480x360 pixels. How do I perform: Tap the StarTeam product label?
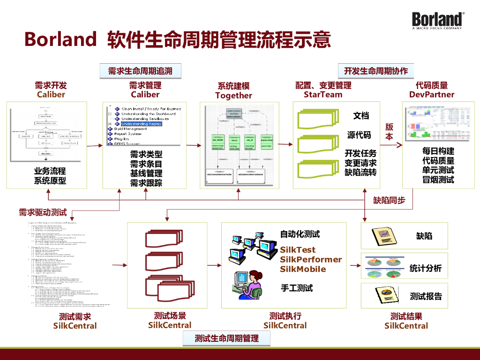tap(323, 95)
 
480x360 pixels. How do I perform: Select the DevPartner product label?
tap(432, 95)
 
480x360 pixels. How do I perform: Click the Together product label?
tap(233, 96)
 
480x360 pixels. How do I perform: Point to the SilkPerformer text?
tap(311, 260)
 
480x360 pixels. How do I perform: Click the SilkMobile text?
tap(303, 269)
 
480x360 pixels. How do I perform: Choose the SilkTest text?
tap(298, 250)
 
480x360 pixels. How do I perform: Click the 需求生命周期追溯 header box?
tap(140, 71)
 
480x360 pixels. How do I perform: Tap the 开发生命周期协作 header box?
tap(376, 71)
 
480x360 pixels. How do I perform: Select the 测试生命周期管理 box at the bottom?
tap(227, 338)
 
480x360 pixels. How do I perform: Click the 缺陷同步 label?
tap(389, 201)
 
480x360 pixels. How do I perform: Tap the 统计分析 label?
tap(426, 268)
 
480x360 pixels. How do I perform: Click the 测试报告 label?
tap(426, 296)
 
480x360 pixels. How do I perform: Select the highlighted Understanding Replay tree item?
tap(142, 124)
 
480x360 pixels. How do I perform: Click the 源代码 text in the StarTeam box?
tap(359, 135)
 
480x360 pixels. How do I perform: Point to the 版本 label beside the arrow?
tap(389, 132)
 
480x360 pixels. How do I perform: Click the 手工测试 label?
tap(296, 288)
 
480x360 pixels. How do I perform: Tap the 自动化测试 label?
tap(300, 234)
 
